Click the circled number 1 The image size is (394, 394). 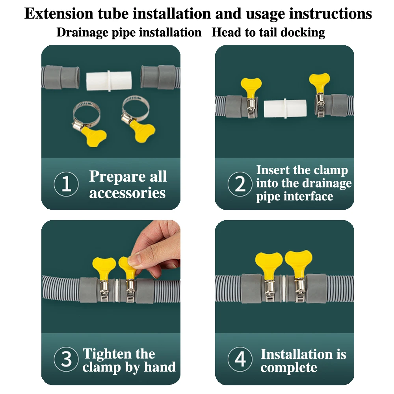[x=66, y=185]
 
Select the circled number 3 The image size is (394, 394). [x=66, y=359]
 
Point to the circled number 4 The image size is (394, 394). [x=240, y=359]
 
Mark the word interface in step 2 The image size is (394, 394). [x=309, y=196]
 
